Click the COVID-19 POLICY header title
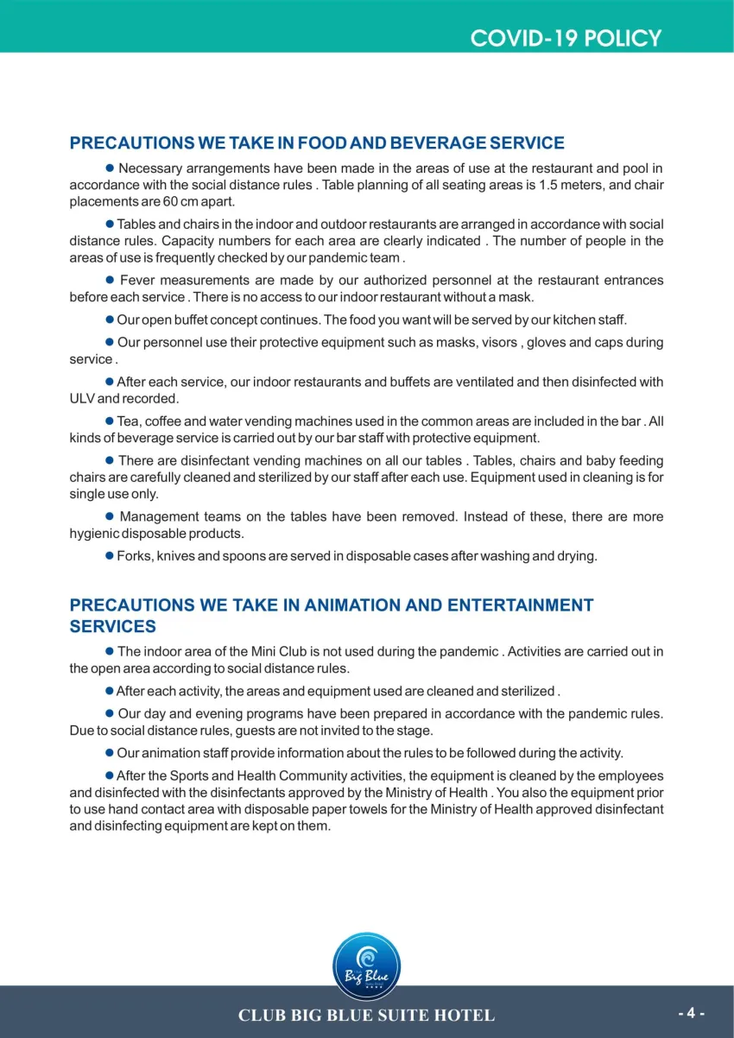point(566,38)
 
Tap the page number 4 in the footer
point(692,1013)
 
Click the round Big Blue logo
point(366,967)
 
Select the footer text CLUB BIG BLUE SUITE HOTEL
point(366,1016)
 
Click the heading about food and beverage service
point(317,143)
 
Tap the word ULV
point(82,399)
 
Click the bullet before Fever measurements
point(110,280)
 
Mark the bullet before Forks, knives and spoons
point(110,556)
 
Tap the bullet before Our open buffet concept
point(110,320)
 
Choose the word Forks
point(134,556)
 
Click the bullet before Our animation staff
point(110,753)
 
